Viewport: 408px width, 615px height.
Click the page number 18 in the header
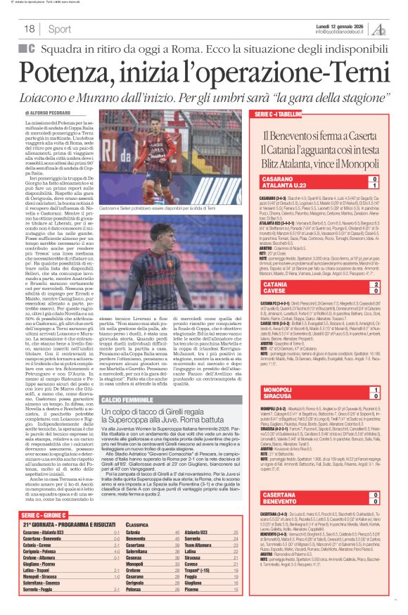point(30,30)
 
